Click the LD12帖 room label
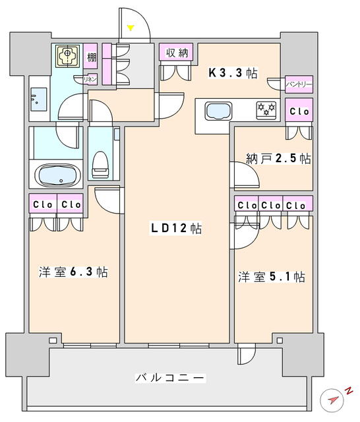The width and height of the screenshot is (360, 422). (x=176, y=229)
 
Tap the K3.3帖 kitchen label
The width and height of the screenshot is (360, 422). (x=233, y=73)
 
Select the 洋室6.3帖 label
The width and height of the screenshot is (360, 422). (x=73, y=272)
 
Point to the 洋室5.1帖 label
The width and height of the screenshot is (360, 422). (x=271, y=277)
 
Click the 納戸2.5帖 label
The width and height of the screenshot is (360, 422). (x=279, y=158)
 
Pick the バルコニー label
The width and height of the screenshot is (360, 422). (x=170, y=378)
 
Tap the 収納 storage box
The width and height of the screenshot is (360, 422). (x=176, y=51)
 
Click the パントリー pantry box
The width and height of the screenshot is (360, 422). (x=299, y=84)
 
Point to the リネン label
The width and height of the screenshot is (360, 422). (x=90, y=79)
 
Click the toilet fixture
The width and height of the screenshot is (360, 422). (x=100, y=165)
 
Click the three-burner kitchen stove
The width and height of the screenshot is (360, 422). (x=266, y=110)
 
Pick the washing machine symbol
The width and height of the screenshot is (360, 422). (x=67, y=56)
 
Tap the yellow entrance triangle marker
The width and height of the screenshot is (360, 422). (x=131, y=28)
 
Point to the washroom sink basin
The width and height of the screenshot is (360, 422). (x=39, y=99)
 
